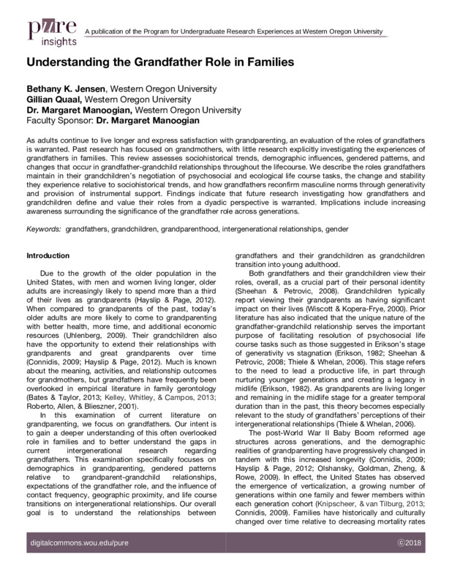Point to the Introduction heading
[48, 256]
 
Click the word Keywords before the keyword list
[43, 229]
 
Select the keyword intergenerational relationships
[274, 229]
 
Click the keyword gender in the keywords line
[337, 229]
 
